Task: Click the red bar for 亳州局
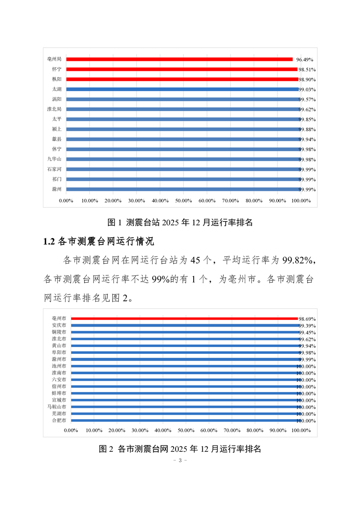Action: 180,59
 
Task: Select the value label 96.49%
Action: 305,59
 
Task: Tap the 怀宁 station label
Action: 57,69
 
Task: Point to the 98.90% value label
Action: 306,79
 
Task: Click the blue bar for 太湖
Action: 181,89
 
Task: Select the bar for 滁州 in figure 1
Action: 181,189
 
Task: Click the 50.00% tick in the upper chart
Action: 183,201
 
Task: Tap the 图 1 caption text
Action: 180,222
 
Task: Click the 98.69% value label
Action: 306,319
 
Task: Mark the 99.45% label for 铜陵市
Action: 306,333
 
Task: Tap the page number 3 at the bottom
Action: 180,460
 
